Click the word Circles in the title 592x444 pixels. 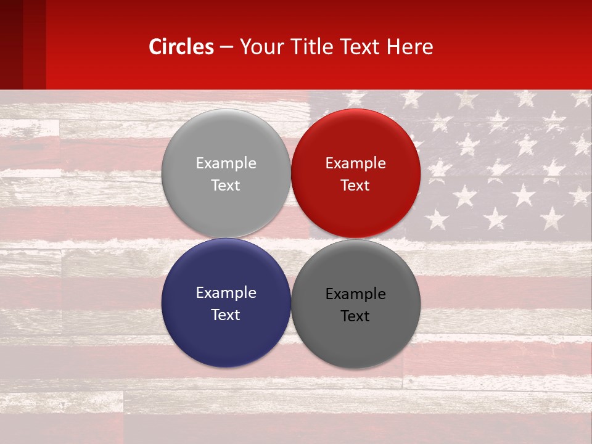(x=181, y=47)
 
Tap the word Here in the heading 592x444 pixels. (x=410, y=47)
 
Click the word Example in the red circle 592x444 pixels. (x=355, y=163)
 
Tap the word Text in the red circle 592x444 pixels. (x=355, y=185)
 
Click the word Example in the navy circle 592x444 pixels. (x=226, y=293)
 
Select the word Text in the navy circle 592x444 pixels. (x=226, y=314)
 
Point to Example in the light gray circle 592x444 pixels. (x=226, y=163)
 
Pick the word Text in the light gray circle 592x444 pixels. (x=226, y=185)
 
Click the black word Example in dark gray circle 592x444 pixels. (x=355, y=294)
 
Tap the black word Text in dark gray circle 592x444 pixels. (x=355, y=316)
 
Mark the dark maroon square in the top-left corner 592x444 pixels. (x=11, y=44)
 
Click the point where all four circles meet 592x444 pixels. (x=290, y=238)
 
